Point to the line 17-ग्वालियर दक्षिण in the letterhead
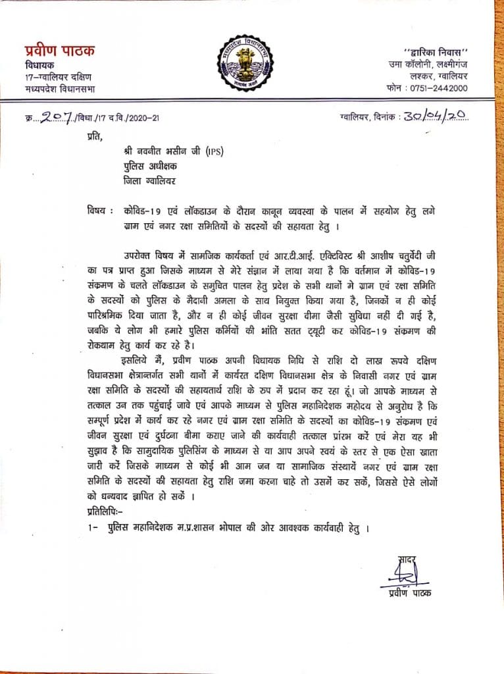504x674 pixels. point(54,76)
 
